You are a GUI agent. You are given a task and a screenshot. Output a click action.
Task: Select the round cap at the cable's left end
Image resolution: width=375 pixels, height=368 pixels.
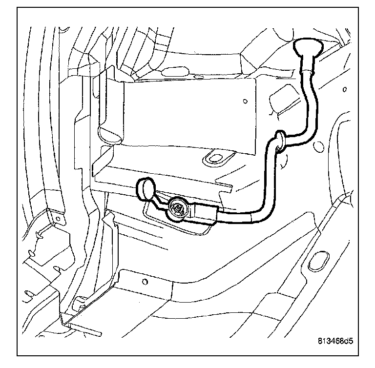146,189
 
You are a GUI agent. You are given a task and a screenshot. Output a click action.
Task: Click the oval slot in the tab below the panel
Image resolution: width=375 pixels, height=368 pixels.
213,157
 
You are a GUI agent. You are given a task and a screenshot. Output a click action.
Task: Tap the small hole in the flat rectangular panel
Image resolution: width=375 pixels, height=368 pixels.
244,102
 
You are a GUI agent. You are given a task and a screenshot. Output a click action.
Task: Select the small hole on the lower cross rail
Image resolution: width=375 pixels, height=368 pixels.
145,282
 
